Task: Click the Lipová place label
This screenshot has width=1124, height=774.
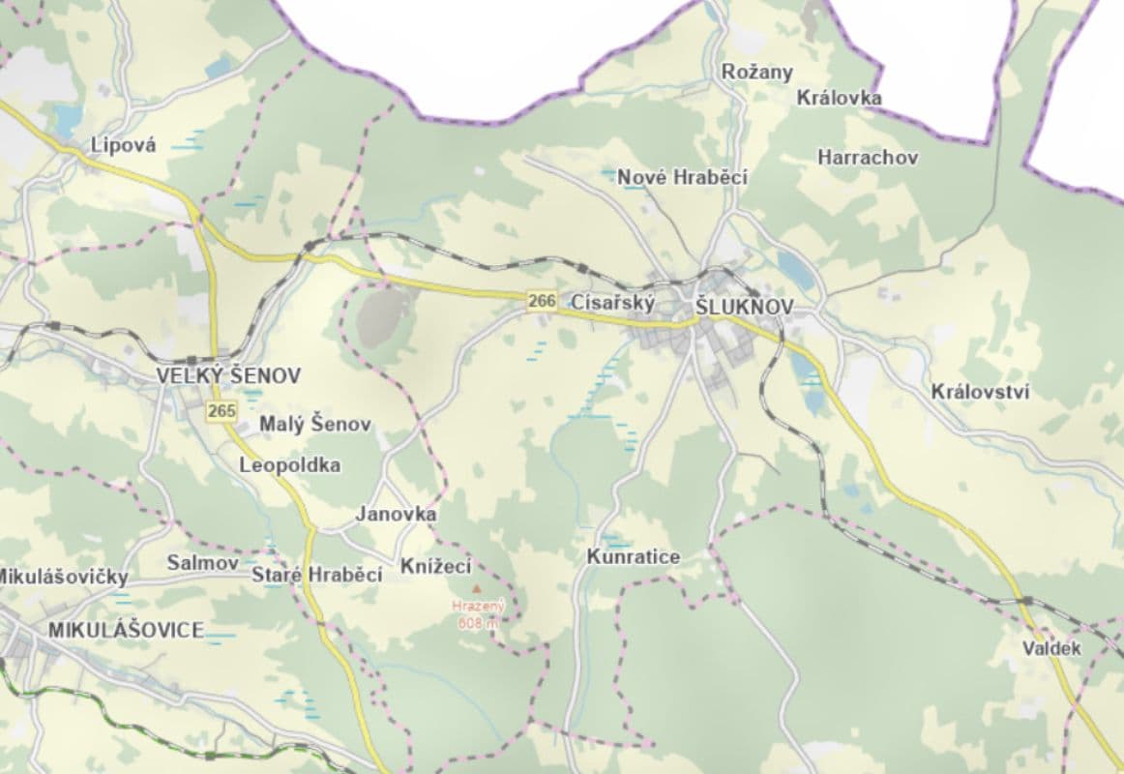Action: tap(123, 145)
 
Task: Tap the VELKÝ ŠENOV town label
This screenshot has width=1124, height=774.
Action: tap(229, 375)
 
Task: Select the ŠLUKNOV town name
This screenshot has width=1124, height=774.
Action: tap(744, 307)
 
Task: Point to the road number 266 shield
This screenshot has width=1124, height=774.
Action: tap(543, 302)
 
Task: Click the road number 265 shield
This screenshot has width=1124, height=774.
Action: tap(222, 411)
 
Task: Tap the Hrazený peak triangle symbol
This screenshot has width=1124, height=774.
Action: tap(475, 588)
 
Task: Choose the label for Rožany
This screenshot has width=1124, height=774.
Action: tap(756, 72)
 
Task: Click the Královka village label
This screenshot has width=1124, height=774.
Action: tap(839, 98)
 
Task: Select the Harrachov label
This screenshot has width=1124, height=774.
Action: tap(868, 157)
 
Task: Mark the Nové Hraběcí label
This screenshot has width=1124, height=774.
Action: tap(682, 177)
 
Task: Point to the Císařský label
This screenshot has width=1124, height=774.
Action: tap(613, 302)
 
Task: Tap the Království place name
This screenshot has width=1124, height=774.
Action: tap(980, 392)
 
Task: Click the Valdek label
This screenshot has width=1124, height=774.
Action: tap(1051, 648)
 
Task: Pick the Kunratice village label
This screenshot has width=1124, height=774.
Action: tap(633, 557)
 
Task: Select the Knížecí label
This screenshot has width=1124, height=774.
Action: tap(435, 566)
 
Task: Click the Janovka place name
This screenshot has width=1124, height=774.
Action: tap(396, 514)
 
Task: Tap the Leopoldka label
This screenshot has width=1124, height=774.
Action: tap(289, 465)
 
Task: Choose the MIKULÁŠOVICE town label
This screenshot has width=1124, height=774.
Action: tap(126, 631)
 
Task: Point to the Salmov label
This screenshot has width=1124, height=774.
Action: tap(202, 562)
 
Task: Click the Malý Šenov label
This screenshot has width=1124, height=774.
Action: tap(314, 424)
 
